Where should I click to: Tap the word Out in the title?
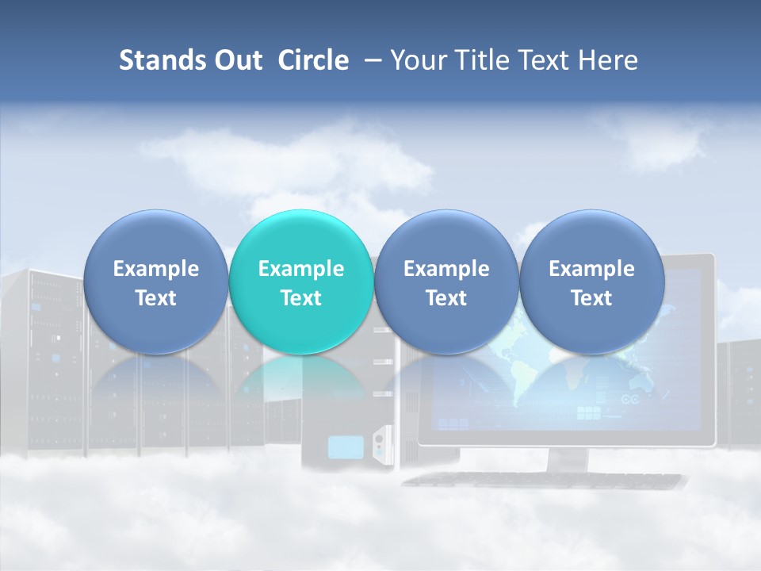coord(236,60)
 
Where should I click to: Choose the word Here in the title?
coord(607,60)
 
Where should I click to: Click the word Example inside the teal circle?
coord(301,269)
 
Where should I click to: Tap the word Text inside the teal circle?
coord(301,298)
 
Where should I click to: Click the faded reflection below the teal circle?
coord(301,381)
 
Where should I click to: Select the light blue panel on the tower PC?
coord(345,447)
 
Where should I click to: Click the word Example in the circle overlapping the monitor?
coord(592,269)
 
